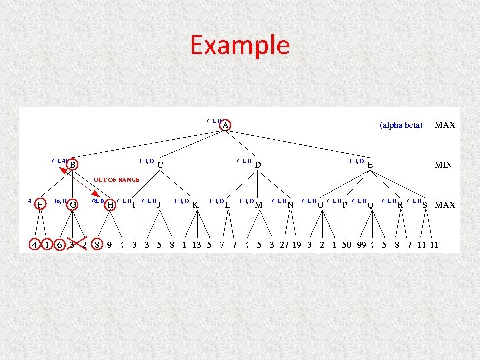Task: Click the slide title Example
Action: click(x=240, y=45)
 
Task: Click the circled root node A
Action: click(x=226, y=125)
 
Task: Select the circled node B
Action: click(x=72, y=165)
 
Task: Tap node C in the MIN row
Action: click(x=161, y=165)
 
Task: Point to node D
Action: click(x=258, y=165)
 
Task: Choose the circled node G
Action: click(x=72, y=205)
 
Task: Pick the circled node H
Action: click(x=111, y=205)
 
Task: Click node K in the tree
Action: click(x=195, y=205)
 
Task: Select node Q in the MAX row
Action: click(x=371, y=205)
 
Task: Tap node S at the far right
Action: click(x=425, y=205)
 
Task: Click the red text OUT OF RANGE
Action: click(x=117, y=179)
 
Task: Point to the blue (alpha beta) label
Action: click(x=401, y=125)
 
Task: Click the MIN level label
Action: click(x=445, y=165)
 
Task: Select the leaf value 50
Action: click(x=347, y=245)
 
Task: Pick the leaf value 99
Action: click(x=362, y=245)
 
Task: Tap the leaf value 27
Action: click(x=284, y=245)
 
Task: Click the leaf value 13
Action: click(x=197, y=245)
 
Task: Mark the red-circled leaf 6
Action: click(x=59, y=245)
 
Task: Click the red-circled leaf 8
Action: click(x=98, y=245)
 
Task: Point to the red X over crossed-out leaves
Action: click(x=78, y=244)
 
